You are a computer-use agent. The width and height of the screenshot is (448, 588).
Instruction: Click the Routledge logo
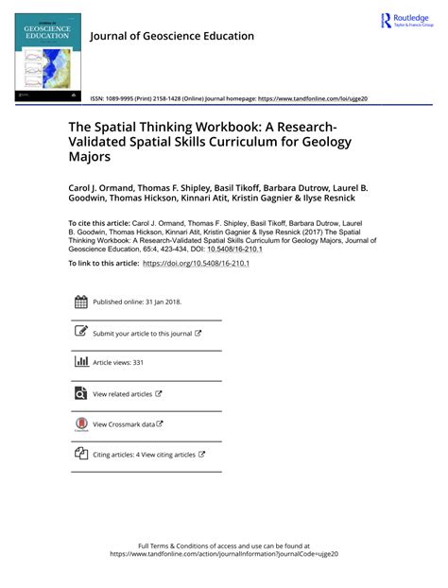pyautogui.click(x=407, y=21)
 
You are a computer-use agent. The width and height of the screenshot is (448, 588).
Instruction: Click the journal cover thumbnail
pyautogui.click(x=47, y=58)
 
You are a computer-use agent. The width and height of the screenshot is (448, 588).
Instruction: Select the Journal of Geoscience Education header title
pyautogui.click(x=171, y=36)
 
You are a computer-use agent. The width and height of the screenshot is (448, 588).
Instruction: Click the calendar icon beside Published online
pyautogui.click(x=80, y=303)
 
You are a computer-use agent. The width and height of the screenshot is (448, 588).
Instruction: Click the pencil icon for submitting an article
pyautogui.click(x=80, y=333)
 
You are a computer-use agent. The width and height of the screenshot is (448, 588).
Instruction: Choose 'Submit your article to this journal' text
pyautogui.click(x=142, y=334)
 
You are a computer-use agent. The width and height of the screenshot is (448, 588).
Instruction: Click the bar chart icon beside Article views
pyautogui.click(x=80, y=362)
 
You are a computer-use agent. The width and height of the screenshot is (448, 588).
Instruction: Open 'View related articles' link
pyautogui.click(x=123, y=393)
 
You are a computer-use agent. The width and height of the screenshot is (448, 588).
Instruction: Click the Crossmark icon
pyautogui.click(x=80, y=424)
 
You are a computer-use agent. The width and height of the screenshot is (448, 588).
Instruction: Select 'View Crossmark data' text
pyautogui.click(x=124, y=424)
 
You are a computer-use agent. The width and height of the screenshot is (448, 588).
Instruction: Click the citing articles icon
pyautogui.click(x=80, y=454)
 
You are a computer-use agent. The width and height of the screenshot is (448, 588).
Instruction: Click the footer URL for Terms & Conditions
pyautogui.click(x=224, y=555)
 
